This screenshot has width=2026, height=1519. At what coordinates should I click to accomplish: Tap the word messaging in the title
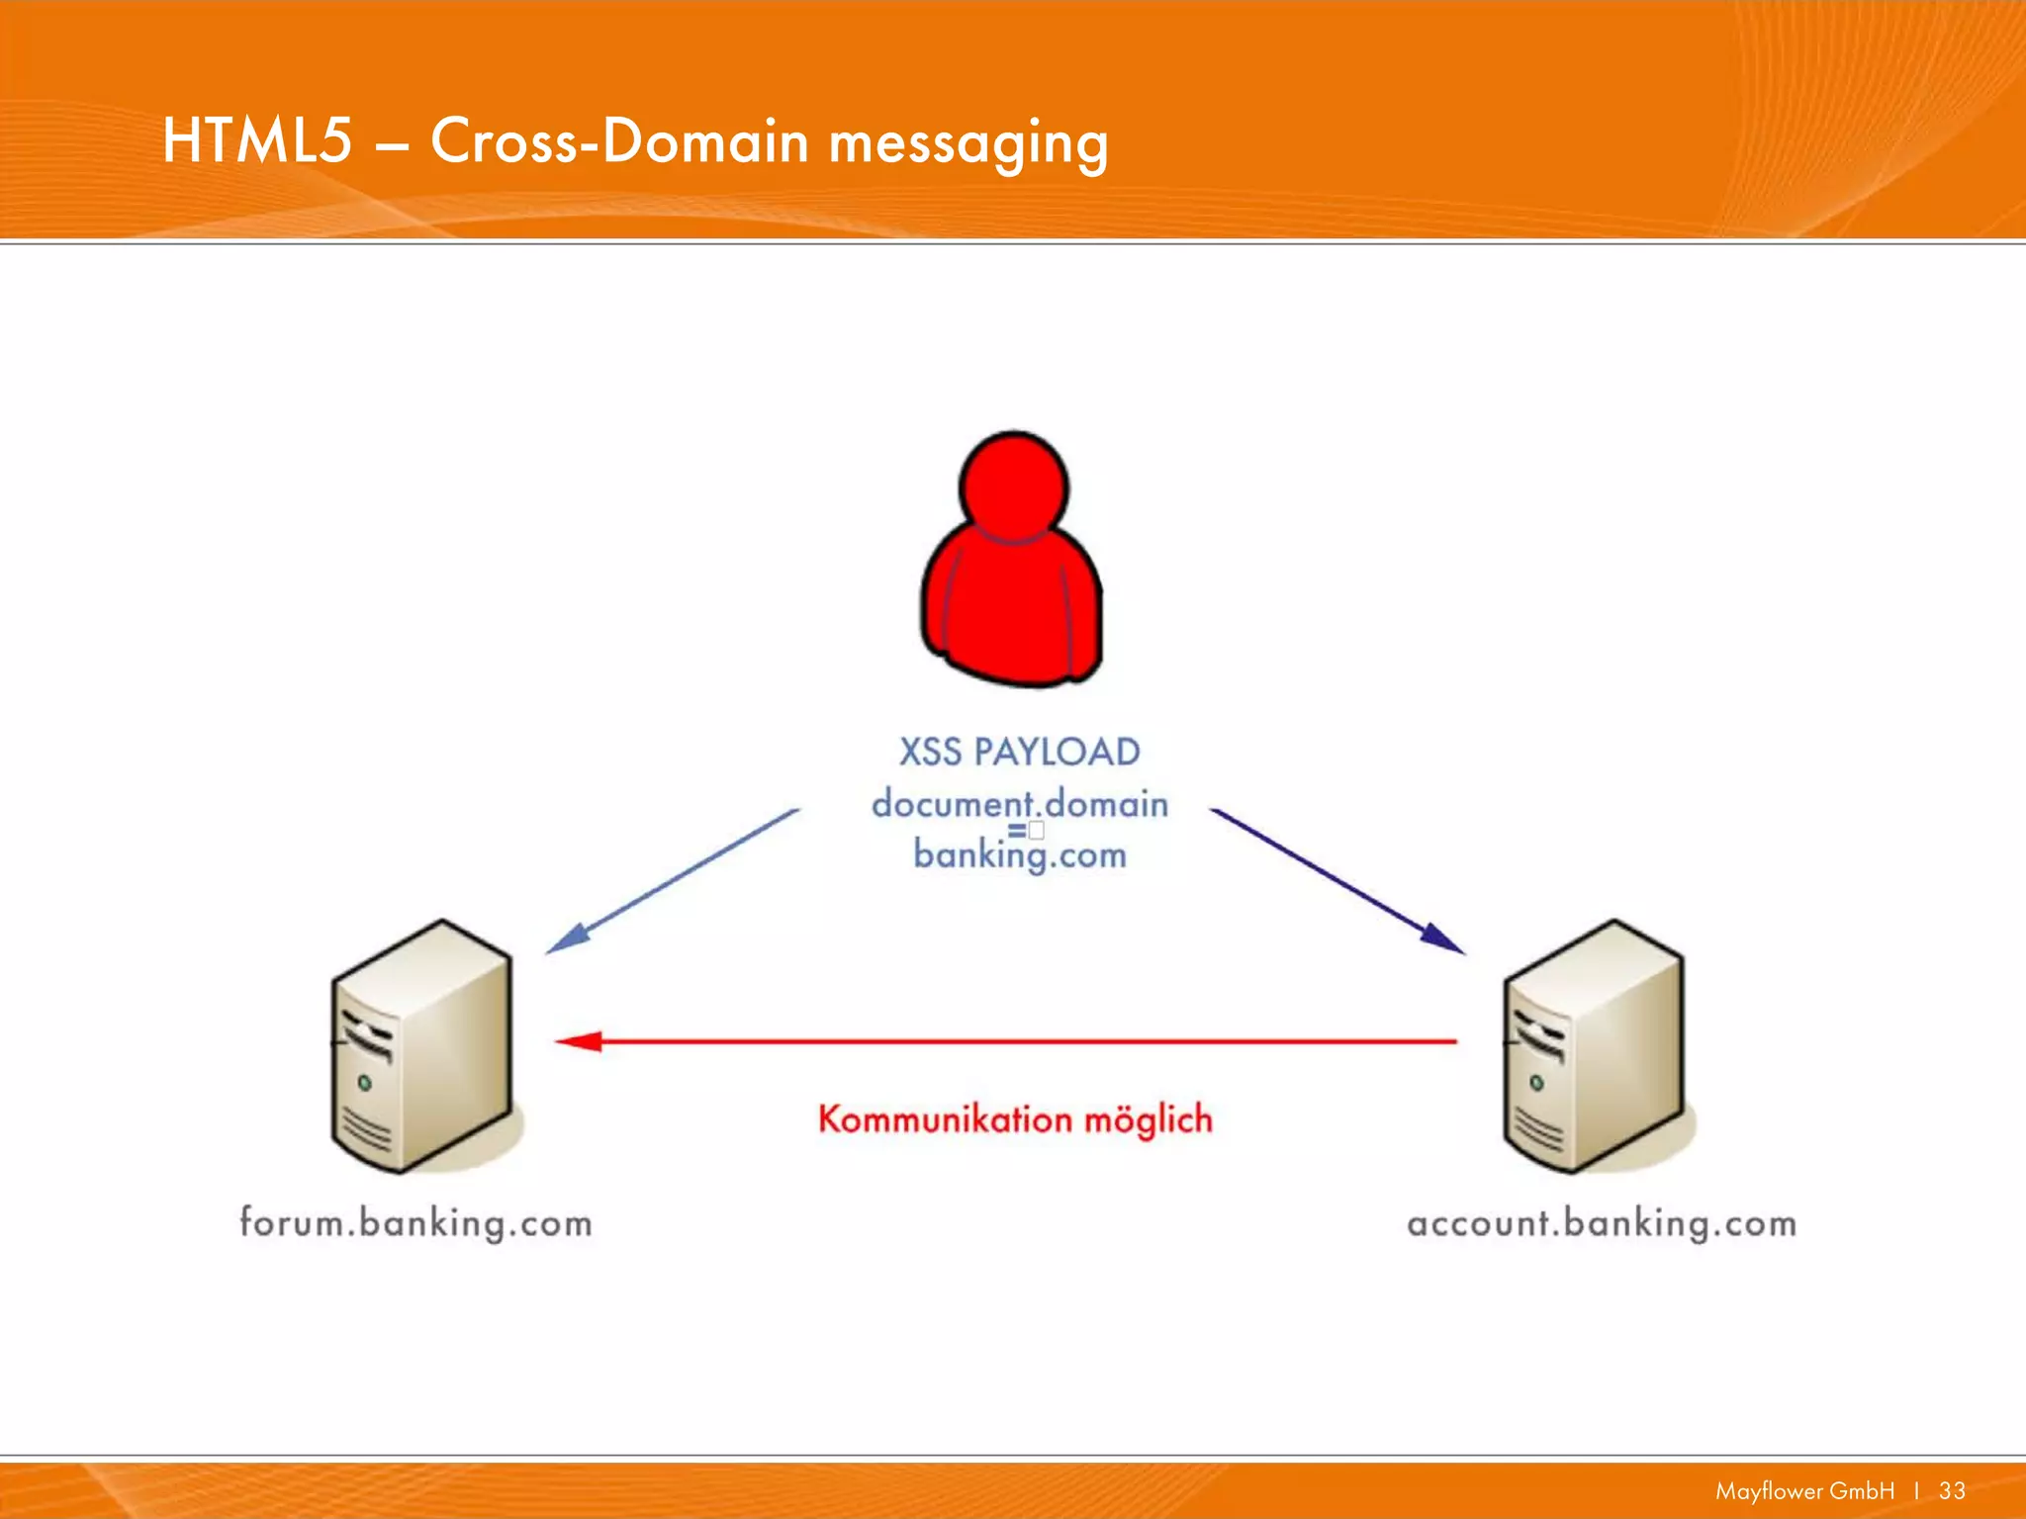point(968,143)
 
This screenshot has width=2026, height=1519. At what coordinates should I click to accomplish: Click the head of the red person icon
point(1014,488)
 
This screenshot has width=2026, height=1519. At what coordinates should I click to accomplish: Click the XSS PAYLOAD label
point(1019,752)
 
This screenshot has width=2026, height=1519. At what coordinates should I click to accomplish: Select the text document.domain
point(1020,803)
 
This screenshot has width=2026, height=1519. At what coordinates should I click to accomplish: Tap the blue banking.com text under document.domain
point(1020,854)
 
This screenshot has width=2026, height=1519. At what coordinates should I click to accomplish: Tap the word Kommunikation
point(945,1119)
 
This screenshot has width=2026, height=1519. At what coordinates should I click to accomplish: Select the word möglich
point(1149,1119)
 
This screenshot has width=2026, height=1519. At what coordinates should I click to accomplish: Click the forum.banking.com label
point(415,1223)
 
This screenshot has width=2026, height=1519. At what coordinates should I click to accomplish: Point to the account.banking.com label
point(1602,1223)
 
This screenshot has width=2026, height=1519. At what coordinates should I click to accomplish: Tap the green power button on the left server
point(364,1084)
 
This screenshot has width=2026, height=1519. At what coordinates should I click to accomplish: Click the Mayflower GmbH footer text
point(1804,1490)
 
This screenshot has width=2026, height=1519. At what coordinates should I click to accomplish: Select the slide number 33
point(1952,1490)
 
